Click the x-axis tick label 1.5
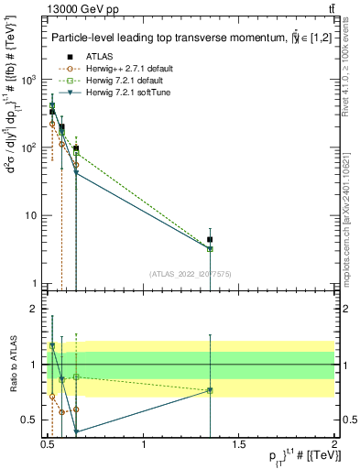tap(240, 444)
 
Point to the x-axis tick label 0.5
tap(49, 444)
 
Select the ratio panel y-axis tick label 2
tap(33, 310)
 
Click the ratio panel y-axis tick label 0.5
tap(27, 420)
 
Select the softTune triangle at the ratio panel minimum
tap(76, 431)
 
